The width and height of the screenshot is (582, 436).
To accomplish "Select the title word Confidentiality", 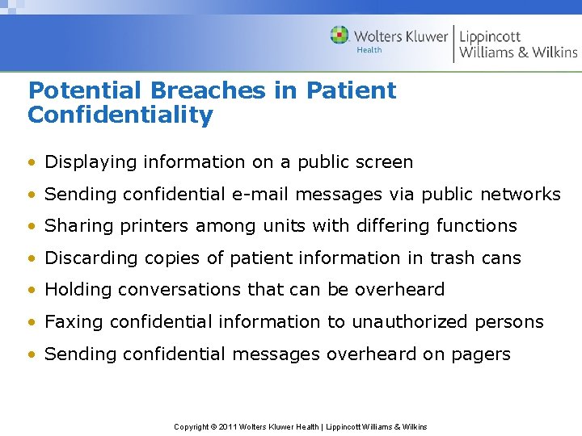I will [x=120, y=115].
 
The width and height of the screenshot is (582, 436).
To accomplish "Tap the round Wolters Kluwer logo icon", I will [x=340, y=36].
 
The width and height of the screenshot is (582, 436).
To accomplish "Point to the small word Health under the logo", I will [x=369, y=50].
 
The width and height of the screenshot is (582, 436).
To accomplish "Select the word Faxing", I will [x=74, y=322].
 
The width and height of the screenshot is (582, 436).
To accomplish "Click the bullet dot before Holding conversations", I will [x=32, y=290].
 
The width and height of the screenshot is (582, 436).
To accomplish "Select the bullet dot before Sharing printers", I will [x=32, y=226].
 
